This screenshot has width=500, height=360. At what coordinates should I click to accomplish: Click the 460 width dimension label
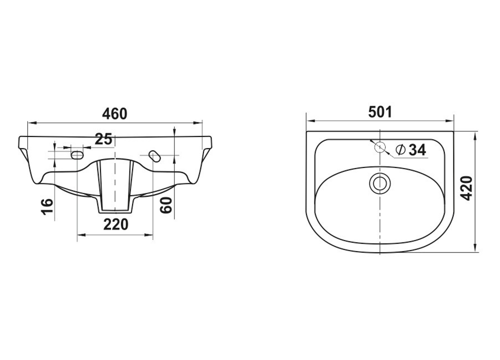114,113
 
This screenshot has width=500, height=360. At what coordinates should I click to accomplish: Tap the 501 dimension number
380,112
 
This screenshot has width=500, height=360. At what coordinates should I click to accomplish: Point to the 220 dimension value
115,224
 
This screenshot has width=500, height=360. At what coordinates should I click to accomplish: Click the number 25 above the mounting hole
103,139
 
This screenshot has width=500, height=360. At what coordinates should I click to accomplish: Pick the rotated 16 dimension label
47,206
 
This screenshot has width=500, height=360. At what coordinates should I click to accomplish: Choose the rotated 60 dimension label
166,204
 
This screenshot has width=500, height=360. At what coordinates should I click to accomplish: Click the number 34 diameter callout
417,149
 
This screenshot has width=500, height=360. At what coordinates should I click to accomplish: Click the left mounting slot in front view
77,155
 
